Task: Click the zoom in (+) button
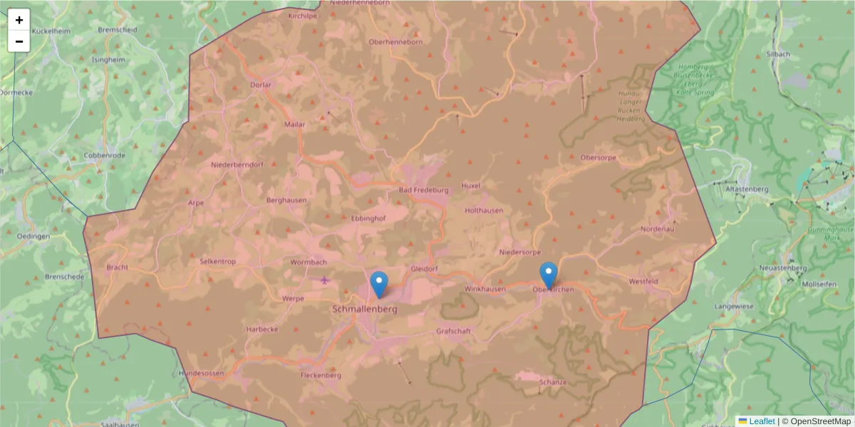click(x=19, y=20)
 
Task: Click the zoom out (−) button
click(x=19, y=41)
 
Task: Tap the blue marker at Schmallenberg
click(x=379, y=285)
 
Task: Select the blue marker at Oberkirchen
click(x=548, y=275)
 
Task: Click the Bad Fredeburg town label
click(x=423, y=190)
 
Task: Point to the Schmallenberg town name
click(x=365, y=310)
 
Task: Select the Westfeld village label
click(x=643, y=282)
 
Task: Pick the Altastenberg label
click(x=746, y=189)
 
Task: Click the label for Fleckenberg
click(x=321, y=375)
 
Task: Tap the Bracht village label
click(x=116, y=268)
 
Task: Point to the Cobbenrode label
click(x=104, y=155)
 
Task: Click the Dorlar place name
click(x=261, y=85)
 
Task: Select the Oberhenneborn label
click(x=395, y=42)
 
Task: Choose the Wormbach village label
click(x=309, y=262)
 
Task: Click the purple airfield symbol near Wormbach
click(x=326, y=279)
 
